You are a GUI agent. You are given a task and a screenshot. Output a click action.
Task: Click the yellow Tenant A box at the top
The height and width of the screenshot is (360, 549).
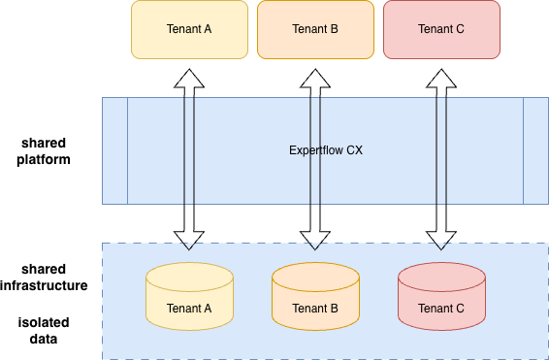(189, 29)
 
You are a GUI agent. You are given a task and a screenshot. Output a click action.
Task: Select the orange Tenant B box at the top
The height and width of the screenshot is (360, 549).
(315, 29)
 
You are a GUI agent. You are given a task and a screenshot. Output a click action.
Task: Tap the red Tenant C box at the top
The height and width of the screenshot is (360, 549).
(441, 29)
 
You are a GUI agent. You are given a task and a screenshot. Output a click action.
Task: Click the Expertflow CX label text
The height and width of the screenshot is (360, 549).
(326, 150)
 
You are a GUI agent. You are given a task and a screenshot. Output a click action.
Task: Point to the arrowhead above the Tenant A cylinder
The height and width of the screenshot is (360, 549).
(189, 245)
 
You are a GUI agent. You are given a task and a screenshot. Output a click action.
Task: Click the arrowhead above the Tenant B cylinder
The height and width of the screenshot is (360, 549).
(315, 245)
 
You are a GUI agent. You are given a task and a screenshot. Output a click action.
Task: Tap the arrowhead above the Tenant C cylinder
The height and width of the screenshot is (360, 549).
(441, 245)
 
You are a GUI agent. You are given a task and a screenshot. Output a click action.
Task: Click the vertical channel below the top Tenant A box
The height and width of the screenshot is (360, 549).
(189, 150)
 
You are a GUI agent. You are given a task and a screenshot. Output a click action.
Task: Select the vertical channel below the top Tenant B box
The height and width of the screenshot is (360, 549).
(315, 150)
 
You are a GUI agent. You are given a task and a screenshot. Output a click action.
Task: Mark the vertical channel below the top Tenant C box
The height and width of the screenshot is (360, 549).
(441, 150)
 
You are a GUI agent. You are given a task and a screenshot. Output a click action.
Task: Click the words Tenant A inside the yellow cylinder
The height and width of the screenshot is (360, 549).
(189, 310)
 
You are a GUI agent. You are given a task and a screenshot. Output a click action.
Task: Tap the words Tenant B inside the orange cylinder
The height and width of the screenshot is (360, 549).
(315, 310)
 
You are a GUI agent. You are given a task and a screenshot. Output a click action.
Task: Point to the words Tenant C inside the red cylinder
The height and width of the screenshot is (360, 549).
(441, 310)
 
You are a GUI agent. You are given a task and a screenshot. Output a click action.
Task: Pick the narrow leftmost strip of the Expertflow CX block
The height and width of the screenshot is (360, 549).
(114, 150)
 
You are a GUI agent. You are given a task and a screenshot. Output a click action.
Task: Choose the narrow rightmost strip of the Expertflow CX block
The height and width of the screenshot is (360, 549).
(535, 150)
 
